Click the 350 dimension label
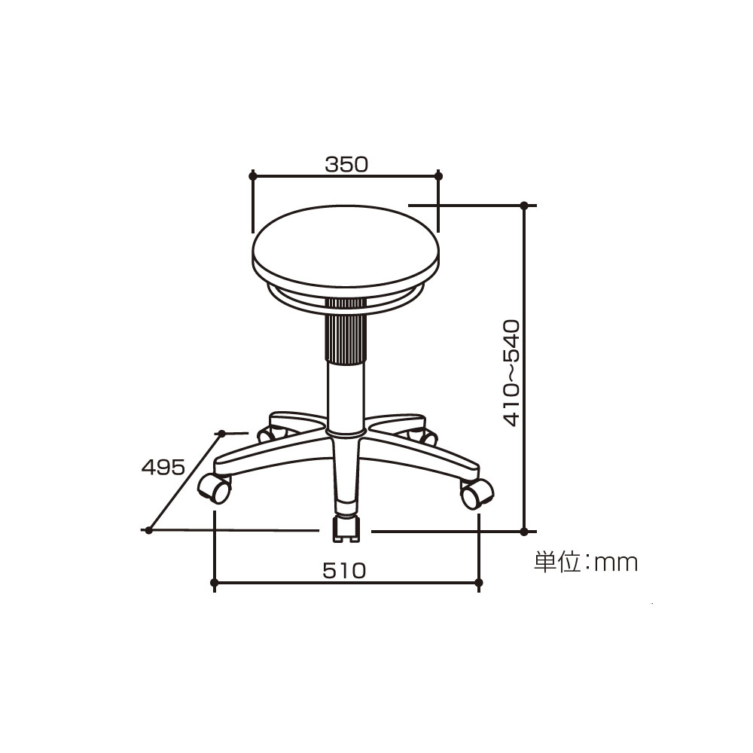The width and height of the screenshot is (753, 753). pyautogui.click(x=346, y=164)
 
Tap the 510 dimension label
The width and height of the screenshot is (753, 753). pyautogui.click(x=344, y=571)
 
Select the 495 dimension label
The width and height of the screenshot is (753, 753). pyautogui.click(x=163, y=467)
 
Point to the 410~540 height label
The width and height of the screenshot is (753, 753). pyautogui.click(x=511, y=373)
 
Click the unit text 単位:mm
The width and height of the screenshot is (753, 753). pyautogui.click(x=586, y=562)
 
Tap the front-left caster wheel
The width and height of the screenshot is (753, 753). pyautogui.click(x=215, y=489)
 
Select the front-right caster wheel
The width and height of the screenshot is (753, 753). pyautogui.click(x=477, y=492)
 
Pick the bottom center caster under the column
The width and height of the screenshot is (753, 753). pyautogui.click(x=346, y=529)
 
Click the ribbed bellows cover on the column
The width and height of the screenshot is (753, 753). pyautogui.click(x=346, y=331)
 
